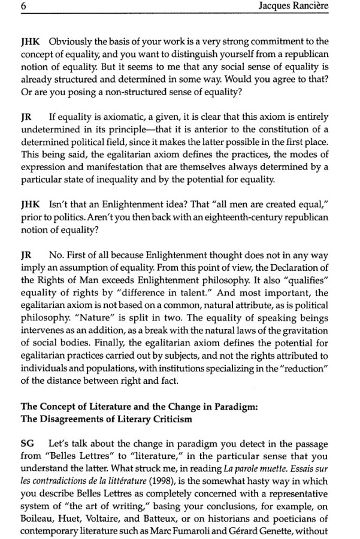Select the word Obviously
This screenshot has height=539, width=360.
68,41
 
